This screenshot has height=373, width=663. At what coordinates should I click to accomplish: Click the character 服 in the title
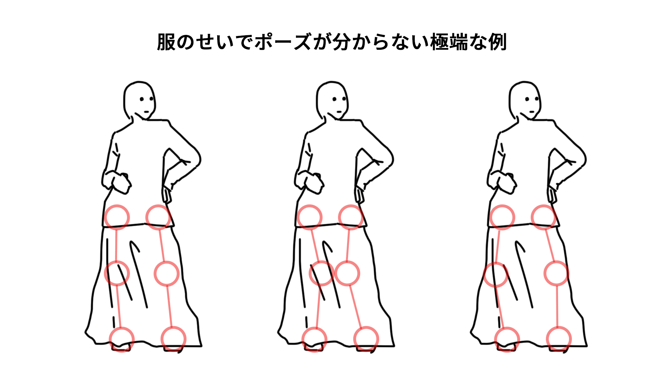(166, 42)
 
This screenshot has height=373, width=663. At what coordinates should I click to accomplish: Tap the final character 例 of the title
(497, 42)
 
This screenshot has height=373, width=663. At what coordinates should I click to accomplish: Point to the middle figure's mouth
(339, 112)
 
